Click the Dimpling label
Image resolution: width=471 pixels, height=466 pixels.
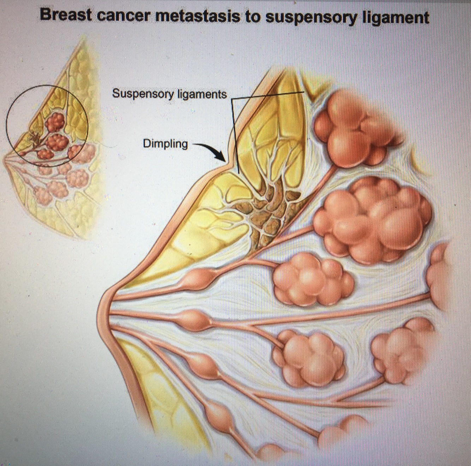[165, 144]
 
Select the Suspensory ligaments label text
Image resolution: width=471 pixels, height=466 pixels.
[169, 94]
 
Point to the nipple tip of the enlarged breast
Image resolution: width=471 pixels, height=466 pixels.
[101, 311]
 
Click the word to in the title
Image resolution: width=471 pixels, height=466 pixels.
[252, 16]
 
